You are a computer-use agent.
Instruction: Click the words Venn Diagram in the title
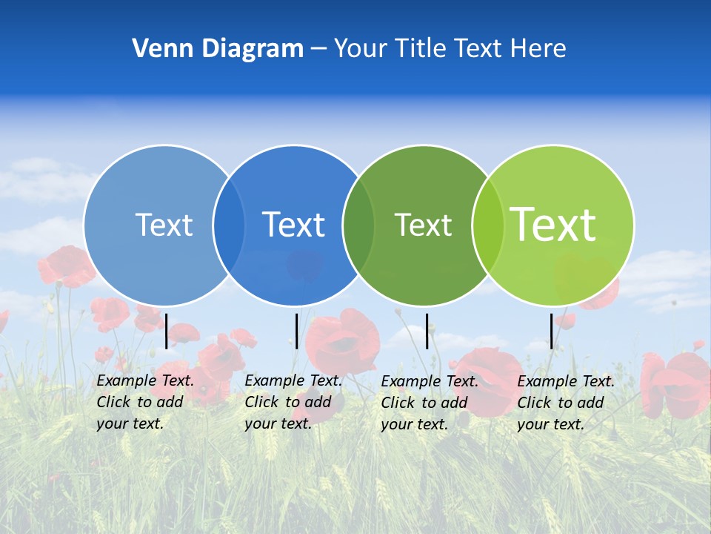pos(218,49)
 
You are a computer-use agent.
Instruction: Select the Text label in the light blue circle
pos(164,225)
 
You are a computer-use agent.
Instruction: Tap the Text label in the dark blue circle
pos(293,225)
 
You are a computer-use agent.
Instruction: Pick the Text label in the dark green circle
pos(423,225)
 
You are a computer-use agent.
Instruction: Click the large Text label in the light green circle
pos(553,224)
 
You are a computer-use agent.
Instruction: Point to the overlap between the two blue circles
pos(229,225)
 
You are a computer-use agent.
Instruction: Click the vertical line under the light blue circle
pos(167,331)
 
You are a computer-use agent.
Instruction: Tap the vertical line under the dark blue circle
pos(296,331)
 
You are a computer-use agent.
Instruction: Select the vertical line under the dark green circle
pos(427,331)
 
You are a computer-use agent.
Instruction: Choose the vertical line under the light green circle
pos(551,331)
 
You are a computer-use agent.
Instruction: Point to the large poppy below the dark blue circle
pos(342,341)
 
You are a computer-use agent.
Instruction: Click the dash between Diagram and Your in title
pos(318,50)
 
